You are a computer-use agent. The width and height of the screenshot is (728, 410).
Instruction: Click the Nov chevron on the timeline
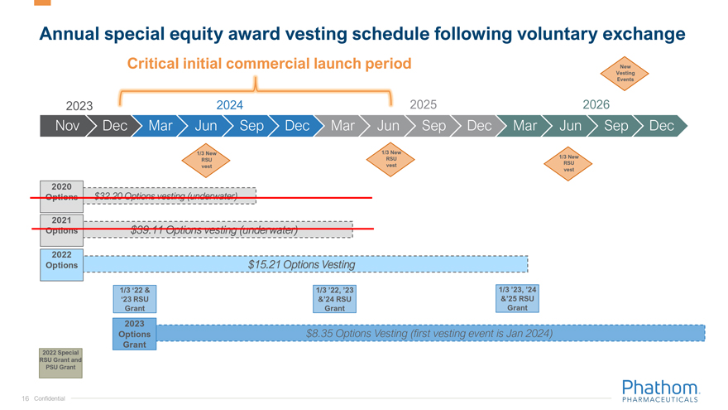coord(66,126)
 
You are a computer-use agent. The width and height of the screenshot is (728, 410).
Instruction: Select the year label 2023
coord(79,105)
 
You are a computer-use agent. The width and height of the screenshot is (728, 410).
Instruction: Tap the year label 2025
coord(423,104)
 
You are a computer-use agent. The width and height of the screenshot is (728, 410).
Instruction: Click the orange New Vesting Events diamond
coord(625,73)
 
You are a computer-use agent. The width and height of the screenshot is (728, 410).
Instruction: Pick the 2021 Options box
coord(61,225)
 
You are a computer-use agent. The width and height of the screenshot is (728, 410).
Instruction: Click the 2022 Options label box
coord(61,260)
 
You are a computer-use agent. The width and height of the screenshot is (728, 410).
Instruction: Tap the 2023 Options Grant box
coord(134,333)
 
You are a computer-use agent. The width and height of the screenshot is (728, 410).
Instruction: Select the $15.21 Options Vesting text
coord(301,265)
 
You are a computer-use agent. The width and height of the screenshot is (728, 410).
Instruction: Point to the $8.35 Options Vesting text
coord(429,333)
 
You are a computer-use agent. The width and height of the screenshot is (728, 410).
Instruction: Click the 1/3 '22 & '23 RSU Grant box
coord(134,298)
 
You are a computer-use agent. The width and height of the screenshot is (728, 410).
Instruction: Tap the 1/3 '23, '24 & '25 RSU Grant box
coord(517,298)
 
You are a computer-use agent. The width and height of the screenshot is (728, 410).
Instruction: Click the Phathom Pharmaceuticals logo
coord(659,391)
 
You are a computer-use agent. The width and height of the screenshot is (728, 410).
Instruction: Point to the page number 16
coord(26,398)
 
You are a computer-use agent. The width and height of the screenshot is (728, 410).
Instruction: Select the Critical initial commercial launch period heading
coord(269,64)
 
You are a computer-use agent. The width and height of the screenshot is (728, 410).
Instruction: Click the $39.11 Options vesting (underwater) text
coord(213,230)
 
